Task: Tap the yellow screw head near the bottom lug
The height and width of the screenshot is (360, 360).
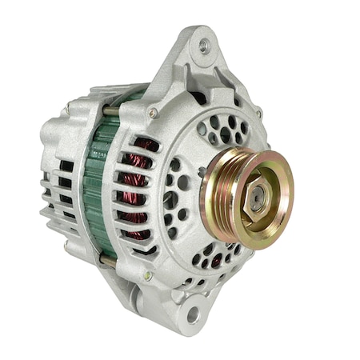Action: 147,275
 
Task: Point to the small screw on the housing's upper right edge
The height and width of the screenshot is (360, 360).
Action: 258,113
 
